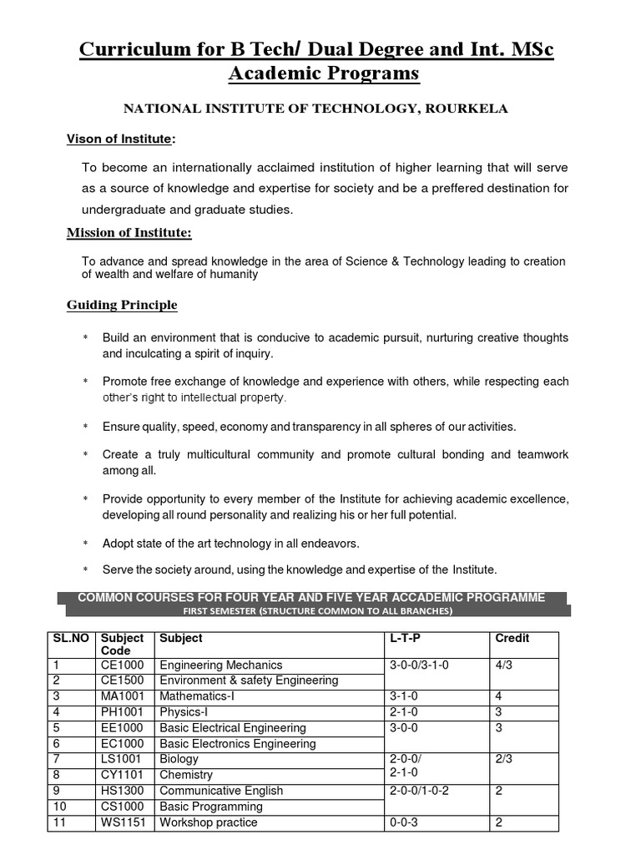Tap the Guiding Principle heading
click(122, 305)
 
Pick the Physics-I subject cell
click(180, 712)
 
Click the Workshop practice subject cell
click(209, 822)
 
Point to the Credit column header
click(512, 638)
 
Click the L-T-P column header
click(406, 638)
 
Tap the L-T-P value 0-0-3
click(406, 822)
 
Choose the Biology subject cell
click(179, 759)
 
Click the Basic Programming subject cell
click(211, 807)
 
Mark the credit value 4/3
click(506, 665)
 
